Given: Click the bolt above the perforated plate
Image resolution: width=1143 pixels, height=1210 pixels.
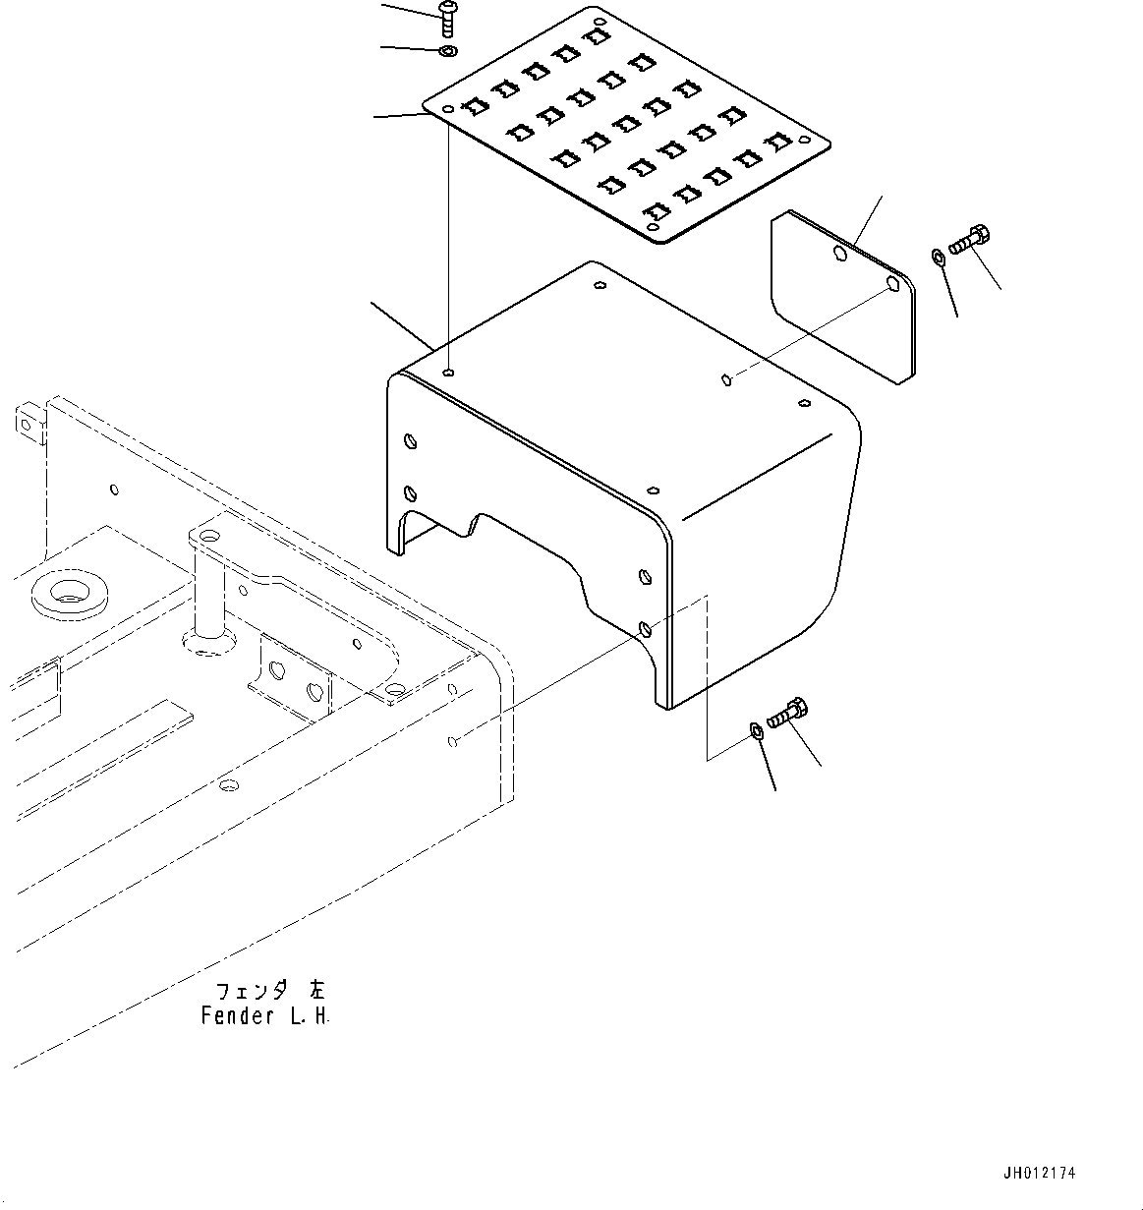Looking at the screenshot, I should (x=447, y=16).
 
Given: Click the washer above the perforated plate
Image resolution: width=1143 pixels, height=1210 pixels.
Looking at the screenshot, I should (x=447, y=50).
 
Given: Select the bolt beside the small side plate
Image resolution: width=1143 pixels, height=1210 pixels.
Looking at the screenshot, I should (x=970, y=238).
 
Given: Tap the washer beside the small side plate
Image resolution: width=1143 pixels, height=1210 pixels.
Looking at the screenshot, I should (x=937, y=258).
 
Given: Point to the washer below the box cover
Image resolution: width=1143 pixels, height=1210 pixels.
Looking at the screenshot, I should (x=757, y=729).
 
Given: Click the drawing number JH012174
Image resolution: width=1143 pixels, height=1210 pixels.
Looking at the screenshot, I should (x=1039, y=1173).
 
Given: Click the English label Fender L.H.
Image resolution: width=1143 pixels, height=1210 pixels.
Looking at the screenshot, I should (x=265, y=1016).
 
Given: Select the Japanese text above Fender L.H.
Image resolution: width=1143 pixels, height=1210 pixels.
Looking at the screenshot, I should (x=265, y=991).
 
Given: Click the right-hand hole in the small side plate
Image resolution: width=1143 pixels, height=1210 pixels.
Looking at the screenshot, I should (x=892, y=285).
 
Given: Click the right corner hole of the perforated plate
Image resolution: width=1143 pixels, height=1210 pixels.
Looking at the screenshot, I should (x=808, y=138).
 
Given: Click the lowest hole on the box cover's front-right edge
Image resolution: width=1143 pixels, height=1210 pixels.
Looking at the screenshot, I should (x=645, y=627).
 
